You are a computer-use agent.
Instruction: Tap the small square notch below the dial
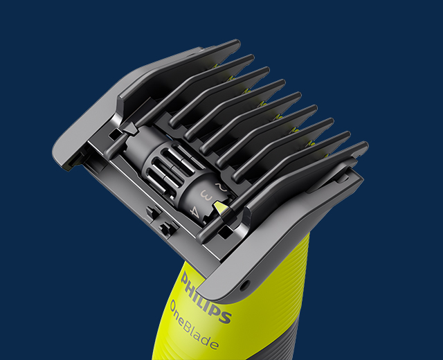click(165, 227)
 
